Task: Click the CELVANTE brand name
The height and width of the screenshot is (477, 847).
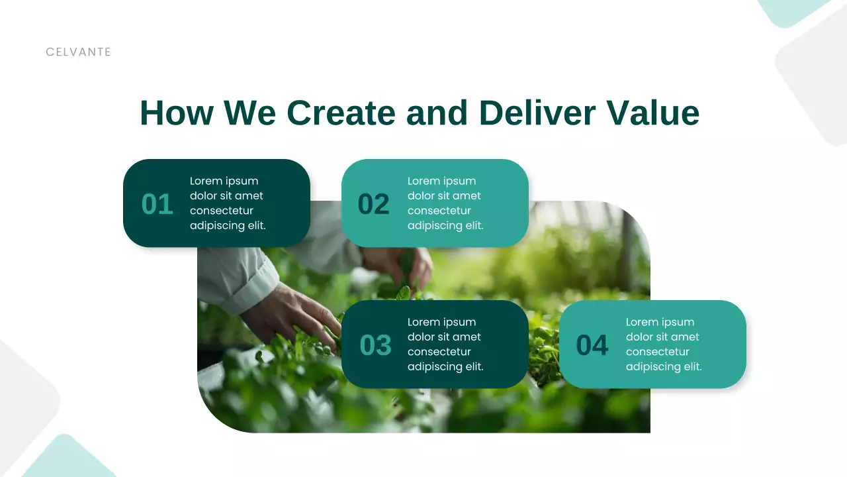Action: (x=78, y=52)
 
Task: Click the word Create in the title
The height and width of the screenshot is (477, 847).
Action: (x=341, y=113)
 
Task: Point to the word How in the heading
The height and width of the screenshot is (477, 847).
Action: (x=177, y=113)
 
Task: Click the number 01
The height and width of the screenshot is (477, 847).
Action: (x=157, y=204)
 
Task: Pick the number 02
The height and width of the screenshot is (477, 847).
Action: (x=374, y=204)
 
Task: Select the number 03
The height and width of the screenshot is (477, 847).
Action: (x=376, y=345)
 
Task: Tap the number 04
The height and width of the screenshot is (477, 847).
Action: (x=592, y=345)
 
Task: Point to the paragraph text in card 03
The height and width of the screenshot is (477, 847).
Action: (x=445, y=344)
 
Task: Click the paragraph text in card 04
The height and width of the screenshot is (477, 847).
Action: (x=664, y=344)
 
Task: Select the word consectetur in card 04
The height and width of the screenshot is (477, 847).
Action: (x=658, y=352)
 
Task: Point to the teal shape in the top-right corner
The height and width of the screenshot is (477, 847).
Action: (x=791, y=11)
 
